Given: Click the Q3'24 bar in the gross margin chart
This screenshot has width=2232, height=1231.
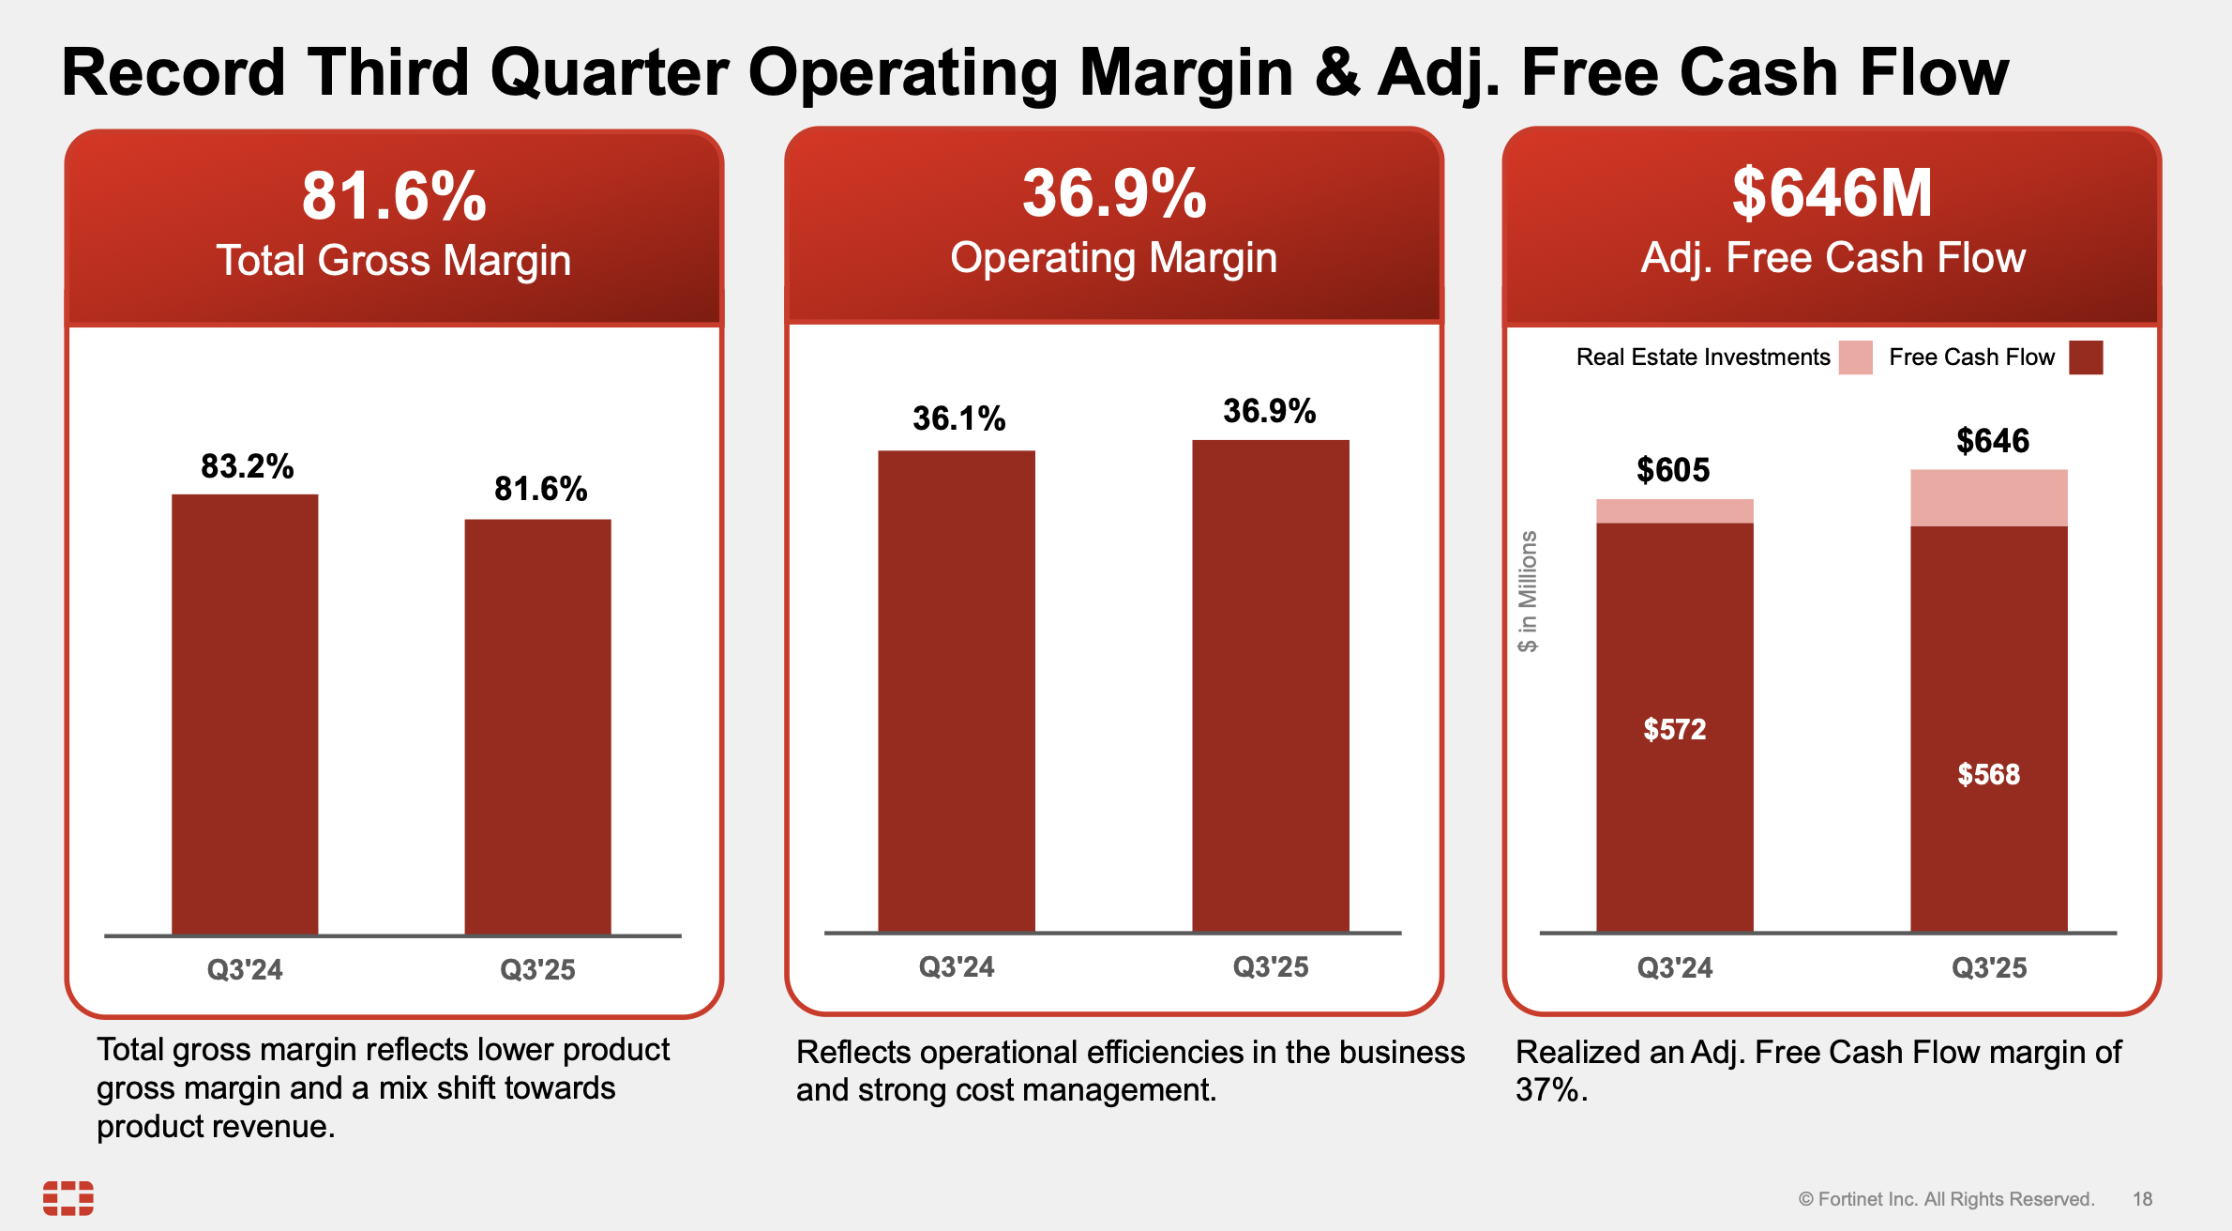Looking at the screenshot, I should pos(245,713).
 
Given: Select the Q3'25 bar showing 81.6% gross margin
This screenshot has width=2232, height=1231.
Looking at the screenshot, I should pos(537,727).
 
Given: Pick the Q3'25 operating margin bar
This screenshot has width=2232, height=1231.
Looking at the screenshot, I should pos(1271,685).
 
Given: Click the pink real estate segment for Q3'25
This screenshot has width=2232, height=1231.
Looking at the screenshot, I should pos(1989,497).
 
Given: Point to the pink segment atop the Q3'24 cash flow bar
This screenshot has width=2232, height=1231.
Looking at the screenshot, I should pos(1675,511).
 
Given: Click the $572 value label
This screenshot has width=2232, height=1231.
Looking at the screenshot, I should pos(1675,729).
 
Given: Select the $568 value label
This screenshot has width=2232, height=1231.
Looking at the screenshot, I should pos(1989,774).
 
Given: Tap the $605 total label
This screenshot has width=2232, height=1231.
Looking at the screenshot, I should pos(1673,469).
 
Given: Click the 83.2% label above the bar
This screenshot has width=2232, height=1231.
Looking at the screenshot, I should pos(248,466).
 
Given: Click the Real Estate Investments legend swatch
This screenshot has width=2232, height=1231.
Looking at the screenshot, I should pos(1855,357).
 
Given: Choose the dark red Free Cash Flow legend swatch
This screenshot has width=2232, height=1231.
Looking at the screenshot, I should pos(2086,357).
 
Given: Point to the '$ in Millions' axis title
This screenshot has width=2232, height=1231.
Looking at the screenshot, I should pos(1528,591).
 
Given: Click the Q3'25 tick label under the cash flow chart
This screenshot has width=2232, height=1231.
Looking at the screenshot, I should pos(1989,967).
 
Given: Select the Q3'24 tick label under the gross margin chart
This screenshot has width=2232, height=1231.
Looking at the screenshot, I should pos(245,969).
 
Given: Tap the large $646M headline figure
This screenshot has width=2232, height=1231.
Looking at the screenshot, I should pos(1832,193).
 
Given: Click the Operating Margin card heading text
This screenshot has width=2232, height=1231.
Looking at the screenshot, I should pos(1113,258).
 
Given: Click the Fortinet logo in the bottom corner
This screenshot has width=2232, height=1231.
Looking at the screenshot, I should pos(68,1198).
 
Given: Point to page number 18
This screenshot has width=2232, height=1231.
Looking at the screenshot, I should pos(2142,1199).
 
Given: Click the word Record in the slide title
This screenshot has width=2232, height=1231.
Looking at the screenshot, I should pos(173,72).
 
